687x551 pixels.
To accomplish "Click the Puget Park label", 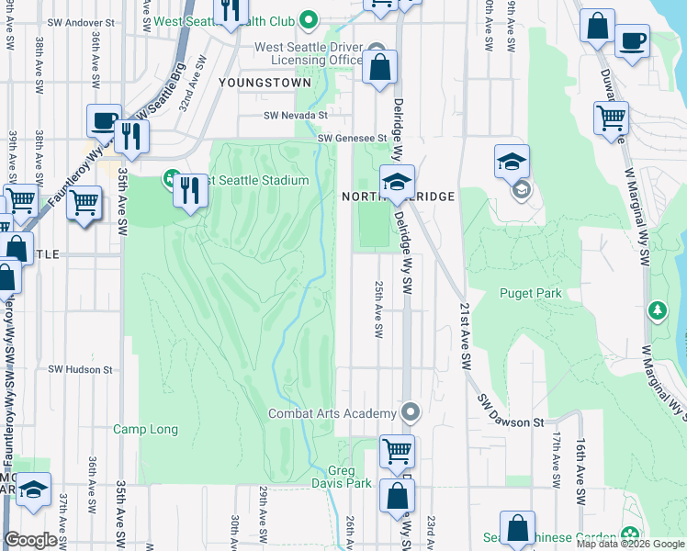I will coord(530,293).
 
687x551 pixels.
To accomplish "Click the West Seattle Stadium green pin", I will coord(171,177).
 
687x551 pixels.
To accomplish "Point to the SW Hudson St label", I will coord(80,369).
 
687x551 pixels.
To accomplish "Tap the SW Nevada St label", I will coord(296,116).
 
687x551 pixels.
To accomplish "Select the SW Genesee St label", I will coord(353,138).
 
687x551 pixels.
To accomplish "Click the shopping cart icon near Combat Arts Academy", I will coord(397,451).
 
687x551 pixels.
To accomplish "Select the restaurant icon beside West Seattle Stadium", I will coord(190,190).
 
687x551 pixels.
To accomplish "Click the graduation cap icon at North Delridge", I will coord(397,181).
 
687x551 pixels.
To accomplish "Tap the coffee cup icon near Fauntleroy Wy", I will coord(104,120).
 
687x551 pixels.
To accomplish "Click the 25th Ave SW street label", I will coord(377,309).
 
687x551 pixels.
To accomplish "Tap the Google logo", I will coord(30,539).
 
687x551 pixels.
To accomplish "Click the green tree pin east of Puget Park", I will coord(657,310).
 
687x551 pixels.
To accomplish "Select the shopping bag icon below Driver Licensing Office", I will coord(378,67).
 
